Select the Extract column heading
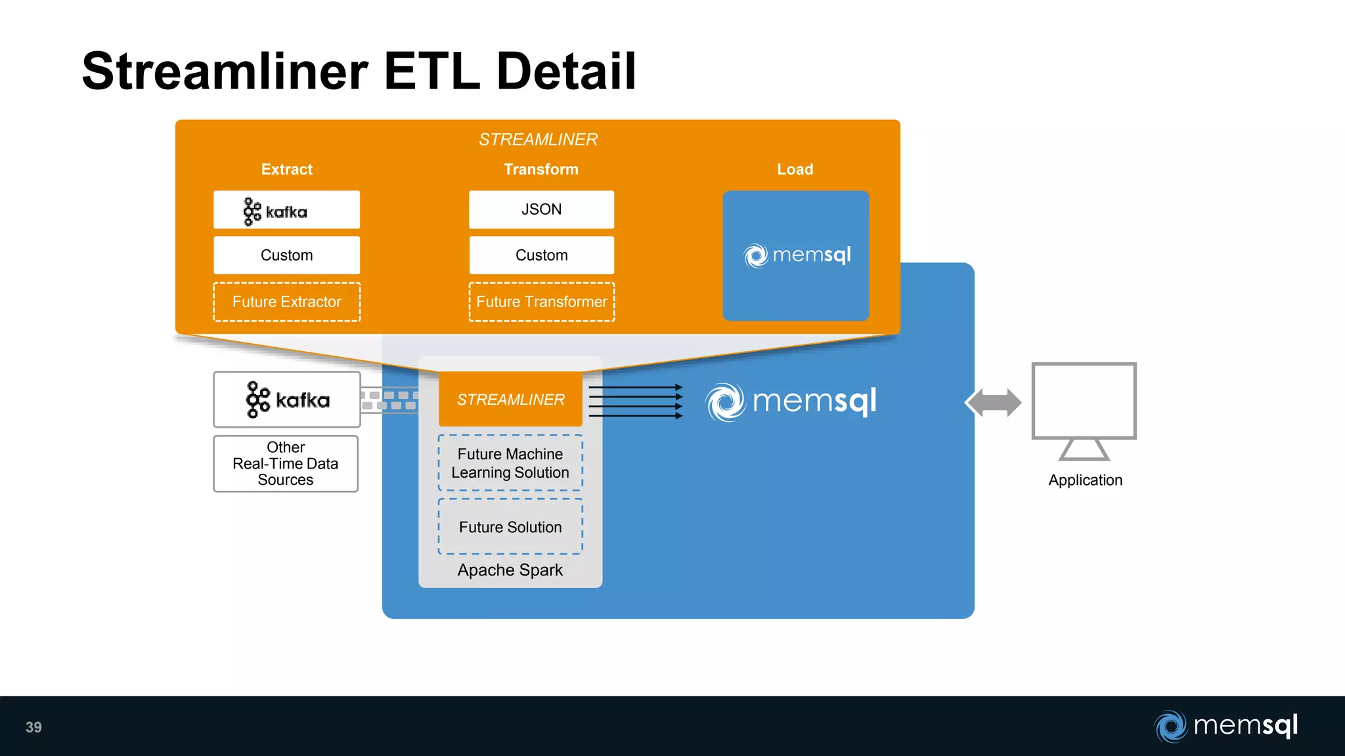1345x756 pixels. [286, 169]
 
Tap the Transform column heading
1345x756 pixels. [540, 169]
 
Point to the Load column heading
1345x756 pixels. [795, 169]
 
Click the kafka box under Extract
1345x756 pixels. [286, 210]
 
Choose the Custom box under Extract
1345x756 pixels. [286, 255]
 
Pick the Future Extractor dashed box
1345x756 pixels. [286, 302]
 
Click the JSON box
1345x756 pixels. [541, 209]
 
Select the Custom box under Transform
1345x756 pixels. [541, 255]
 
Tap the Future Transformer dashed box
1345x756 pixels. [541, 302]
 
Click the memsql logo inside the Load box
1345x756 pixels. [797, 255]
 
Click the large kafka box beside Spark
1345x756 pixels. [287, 400]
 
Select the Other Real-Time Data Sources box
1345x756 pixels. [286, 463]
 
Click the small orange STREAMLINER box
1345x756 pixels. [510, 399]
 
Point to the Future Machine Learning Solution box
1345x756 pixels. [510, 463]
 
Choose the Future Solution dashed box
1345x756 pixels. [510, 527]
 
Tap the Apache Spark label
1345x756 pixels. [510, 570]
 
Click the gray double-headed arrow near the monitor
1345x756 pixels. [993, 402]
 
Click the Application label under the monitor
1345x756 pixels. [1085, 480]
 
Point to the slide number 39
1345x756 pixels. [33, 727]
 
